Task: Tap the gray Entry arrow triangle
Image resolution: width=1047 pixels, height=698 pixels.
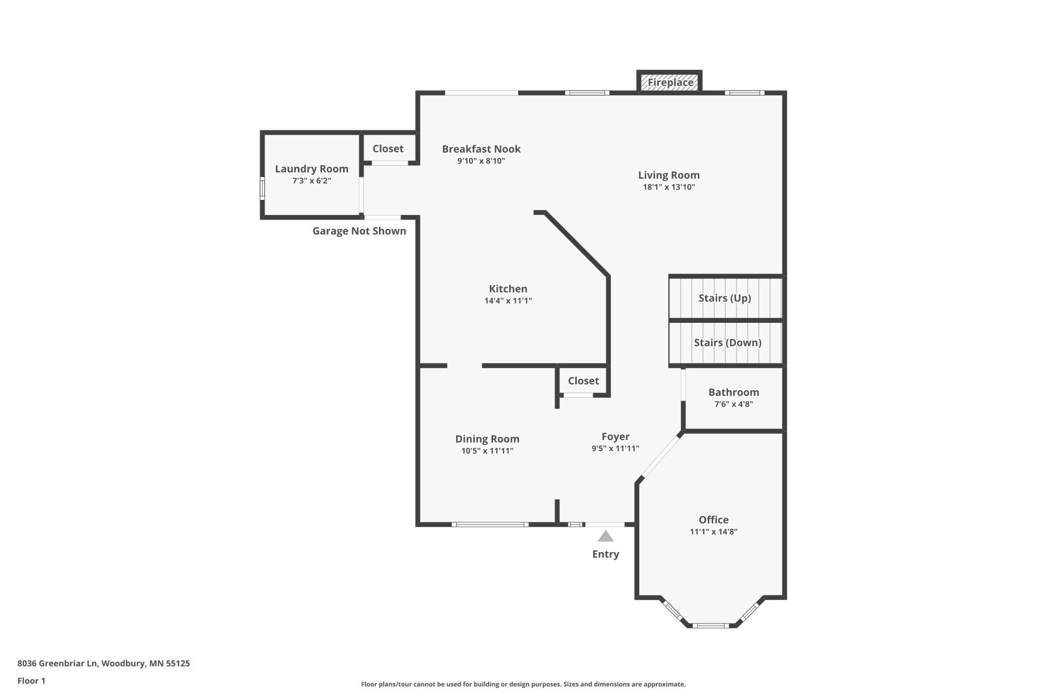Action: tap(606, 537)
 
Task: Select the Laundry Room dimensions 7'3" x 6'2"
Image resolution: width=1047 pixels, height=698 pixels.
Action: tap(312, 181)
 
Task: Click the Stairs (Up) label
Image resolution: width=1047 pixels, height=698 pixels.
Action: tap(724, 298)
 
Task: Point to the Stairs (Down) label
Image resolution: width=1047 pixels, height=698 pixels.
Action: tap(727, 343)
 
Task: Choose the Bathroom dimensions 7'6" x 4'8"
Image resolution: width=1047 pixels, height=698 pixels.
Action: tap(733, 404)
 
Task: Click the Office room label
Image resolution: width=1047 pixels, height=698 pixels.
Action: tap(713, 520)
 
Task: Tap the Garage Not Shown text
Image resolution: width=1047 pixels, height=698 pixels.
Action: tap(359, 231)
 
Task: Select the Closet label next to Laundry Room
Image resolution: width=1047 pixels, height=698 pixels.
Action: tap(388, 149)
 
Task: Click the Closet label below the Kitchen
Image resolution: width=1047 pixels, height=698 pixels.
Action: tap(583, 381)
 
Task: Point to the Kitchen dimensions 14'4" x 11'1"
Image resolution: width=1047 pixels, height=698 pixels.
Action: tap(508, 301)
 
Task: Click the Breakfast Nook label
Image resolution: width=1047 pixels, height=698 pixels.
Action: tap(481, 149)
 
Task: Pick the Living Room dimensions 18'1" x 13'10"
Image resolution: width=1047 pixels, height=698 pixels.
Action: tap(668, 187)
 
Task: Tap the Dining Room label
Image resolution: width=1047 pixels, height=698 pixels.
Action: tap(487, 439)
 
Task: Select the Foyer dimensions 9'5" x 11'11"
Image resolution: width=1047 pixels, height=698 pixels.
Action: tap(615, 449)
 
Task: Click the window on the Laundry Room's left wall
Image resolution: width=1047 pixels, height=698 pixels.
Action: tap(262, 188)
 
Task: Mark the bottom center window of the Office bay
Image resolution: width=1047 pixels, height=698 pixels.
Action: tap(710, 625)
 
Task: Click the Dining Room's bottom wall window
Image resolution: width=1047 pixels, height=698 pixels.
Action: tap(490, 525)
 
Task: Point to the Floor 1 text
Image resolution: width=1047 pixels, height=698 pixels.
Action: tap(31, 681)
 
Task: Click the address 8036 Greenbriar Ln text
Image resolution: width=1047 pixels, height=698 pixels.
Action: tap(104, 663)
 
